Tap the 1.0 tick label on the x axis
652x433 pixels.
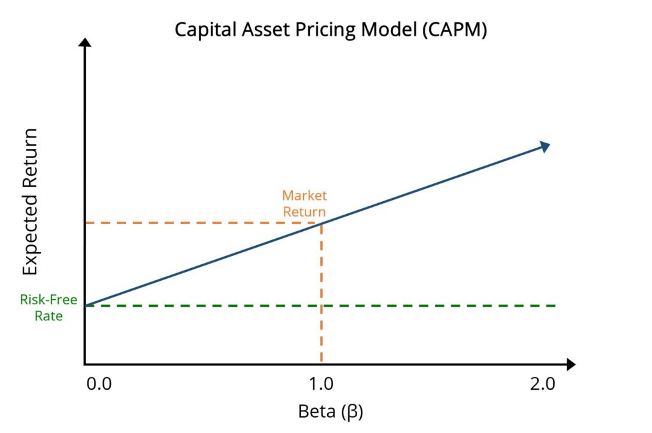(321, 385)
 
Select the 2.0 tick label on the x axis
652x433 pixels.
(542, 385)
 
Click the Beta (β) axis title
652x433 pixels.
(330, 411)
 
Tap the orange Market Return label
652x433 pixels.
(304, 204)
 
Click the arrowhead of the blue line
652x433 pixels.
(544, 146)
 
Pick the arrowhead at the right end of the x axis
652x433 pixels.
(570, 364)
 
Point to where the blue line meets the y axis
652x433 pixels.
(85, 306)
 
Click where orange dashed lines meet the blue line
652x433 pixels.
(321, 223)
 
